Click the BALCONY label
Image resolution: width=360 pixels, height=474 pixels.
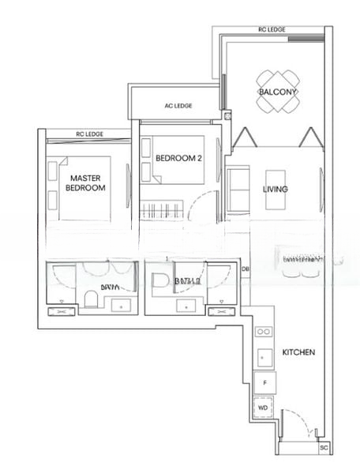click(277, 92)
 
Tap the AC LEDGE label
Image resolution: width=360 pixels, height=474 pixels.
click(178, 106)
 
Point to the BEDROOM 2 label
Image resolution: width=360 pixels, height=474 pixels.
click(179, 158)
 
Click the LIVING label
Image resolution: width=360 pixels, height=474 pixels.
click(275, 190)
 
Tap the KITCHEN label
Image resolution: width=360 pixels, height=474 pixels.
click(298, 352)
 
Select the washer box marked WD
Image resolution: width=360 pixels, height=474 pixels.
click(264, 408)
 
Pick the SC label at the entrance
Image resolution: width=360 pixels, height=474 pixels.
click(323, 447)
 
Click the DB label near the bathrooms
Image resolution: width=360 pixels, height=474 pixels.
click(245, 269)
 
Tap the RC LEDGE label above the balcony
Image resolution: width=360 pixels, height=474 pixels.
click(272, 30)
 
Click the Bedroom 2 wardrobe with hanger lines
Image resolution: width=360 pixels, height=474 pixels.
click(163, 210)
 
